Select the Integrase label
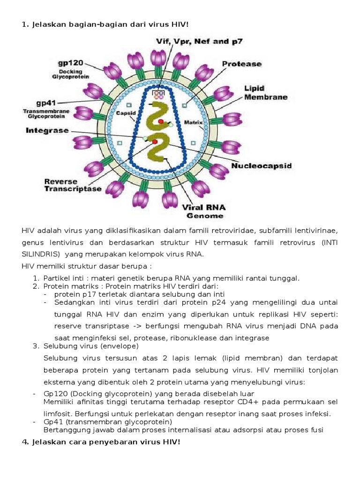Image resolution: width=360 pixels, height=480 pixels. [47, 130]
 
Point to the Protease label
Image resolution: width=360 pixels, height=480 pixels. [241, 64]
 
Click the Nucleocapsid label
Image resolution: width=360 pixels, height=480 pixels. [262, 165]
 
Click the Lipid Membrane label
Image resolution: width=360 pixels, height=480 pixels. [265, 93]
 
